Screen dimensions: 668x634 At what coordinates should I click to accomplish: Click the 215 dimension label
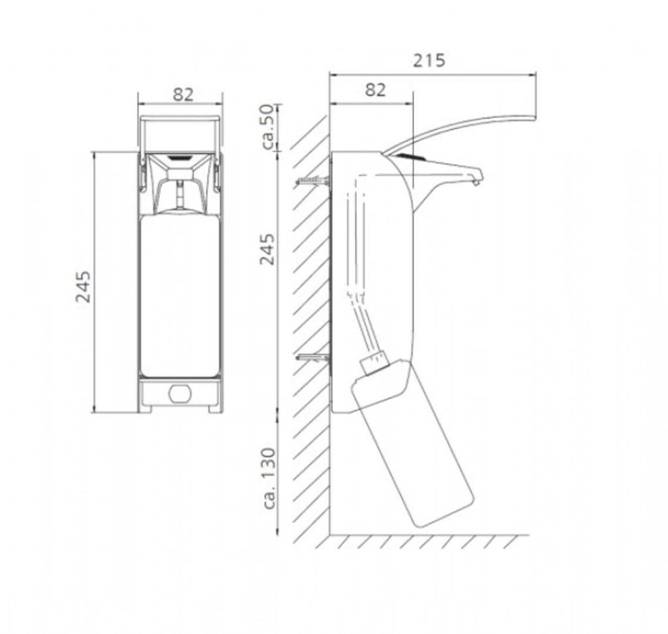429,60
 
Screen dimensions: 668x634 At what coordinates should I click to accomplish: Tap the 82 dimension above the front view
183,94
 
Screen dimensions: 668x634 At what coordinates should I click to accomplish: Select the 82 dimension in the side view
375,90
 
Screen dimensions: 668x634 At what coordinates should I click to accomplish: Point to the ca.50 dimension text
269,127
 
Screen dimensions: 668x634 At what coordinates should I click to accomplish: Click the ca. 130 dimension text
269,478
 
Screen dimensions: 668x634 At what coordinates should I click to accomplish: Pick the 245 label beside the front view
83,287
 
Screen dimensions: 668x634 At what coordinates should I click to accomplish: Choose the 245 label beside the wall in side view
267,249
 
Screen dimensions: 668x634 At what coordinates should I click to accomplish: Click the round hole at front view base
179,394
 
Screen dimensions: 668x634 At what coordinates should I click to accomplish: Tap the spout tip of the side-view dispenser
476,182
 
